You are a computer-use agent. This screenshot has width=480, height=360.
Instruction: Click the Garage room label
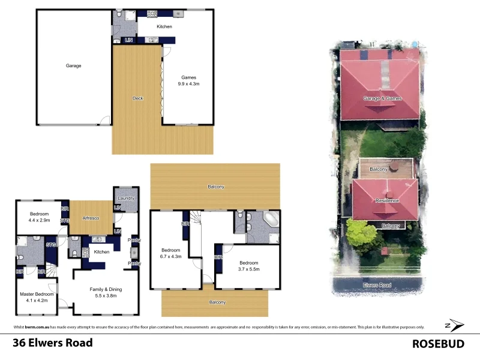(73, 65)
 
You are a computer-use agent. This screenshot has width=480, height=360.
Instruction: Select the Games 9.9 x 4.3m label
(189, 81)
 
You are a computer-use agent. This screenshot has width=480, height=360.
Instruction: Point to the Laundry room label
(127, 198)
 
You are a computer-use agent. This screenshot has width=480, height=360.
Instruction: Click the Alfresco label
(90, 218)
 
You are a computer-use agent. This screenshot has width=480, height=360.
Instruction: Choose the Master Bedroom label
(37, 298)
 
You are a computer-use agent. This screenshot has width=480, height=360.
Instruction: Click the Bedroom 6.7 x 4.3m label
(172, 253)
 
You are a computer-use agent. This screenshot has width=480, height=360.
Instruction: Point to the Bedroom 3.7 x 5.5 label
(248, 266)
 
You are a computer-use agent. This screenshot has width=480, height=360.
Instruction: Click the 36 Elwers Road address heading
(53, 343)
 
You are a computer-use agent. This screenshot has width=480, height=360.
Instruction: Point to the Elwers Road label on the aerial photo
(376, 285)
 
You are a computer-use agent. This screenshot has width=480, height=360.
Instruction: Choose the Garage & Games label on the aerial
(382, 98)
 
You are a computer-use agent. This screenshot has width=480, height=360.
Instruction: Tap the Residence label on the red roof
(387, 200)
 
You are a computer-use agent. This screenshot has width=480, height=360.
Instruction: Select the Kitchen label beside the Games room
(164, 26)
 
